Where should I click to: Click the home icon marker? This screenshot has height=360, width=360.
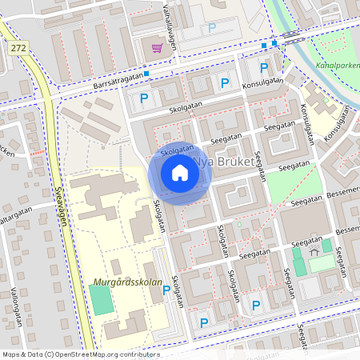point(179,173)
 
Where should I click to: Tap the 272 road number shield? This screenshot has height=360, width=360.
point(18,50)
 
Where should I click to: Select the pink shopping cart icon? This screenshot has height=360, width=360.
point(157,48)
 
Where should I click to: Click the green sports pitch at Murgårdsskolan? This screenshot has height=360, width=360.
point(101,298)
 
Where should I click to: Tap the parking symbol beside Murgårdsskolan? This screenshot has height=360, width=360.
point(166,290)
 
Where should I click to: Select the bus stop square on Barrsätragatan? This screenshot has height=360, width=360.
point(147,74)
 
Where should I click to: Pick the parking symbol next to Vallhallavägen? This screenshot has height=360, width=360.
point(212,28)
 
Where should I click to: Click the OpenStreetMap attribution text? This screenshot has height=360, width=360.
point(80,354)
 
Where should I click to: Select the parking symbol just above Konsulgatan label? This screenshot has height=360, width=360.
point(225,82)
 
